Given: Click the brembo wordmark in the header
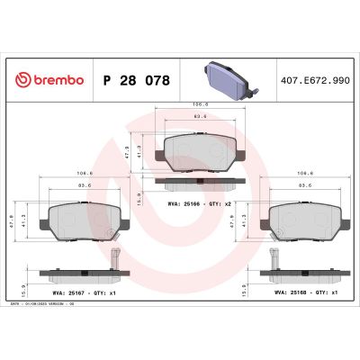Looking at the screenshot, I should tap(56, 80).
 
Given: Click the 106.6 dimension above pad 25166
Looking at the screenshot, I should tap(200, 105).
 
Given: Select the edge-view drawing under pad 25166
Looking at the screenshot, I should tap(200, 184).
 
